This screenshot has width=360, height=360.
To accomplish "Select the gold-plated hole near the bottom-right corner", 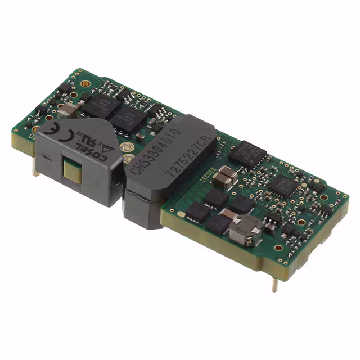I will pos(278,247).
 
